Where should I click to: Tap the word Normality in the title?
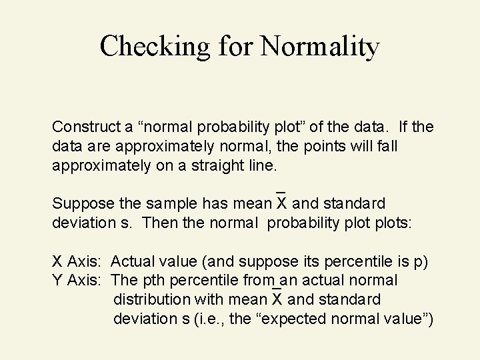[x=321, y=46]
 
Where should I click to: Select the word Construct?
[x=85, y=127]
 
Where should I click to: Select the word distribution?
[x=149, y=299]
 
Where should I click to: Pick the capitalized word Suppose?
[x=80, y=203]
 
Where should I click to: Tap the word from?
[x=261, y=281]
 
